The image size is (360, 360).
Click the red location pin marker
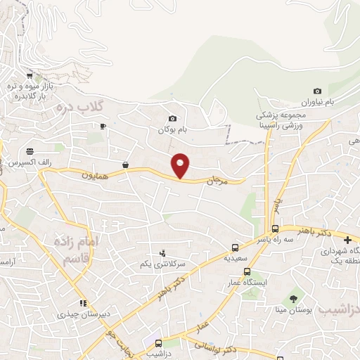181,166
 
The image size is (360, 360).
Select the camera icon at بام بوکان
172,118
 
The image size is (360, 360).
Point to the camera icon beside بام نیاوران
318,91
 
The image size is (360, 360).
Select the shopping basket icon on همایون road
125,165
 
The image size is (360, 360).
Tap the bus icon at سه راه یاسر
275,229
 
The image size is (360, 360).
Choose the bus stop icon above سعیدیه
235,247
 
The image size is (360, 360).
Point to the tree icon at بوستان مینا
293,299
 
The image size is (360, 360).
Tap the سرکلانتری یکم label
162,264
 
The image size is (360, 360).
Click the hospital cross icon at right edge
349,240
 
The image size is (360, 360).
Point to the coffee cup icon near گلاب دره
103,126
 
